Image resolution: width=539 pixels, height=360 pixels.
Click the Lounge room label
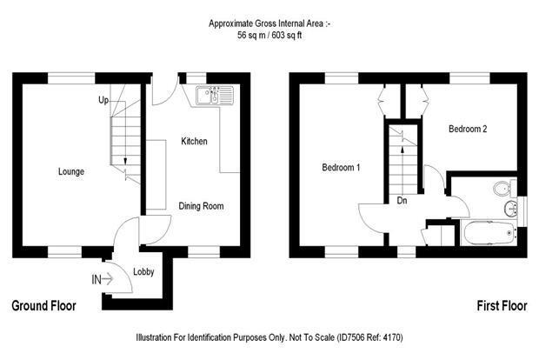pyautogui.click(x=71, y=171)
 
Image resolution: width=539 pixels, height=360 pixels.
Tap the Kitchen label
pyautogui.click(x=194, y=141)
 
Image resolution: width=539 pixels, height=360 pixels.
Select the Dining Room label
pyautogui.click(x=201, y=206)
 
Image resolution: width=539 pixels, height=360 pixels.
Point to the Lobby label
pyautogui.click(x=143, y=271)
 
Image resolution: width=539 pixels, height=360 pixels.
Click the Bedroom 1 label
pyautogui.click(x=341, y=168)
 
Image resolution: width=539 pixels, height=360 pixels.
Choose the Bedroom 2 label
pyautogui.click(x=468, y=129)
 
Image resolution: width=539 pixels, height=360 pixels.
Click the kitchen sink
pyautogui.click(x=215, y=95)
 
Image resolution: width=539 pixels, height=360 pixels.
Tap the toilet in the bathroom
pyautogui.click(x=504, y=188)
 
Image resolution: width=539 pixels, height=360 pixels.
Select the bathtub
pyautogui.click(x=488, y=233)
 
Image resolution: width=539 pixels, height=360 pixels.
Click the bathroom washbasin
pyautogui.click(x=511, y=208)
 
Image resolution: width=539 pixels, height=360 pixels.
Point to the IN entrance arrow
pyautogui.click(x=103, y=279)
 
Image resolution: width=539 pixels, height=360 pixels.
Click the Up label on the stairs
pyautogui.click(x=103, y=100)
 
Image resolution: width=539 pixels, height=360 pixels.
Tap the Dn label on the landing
pyautogui.click(x=402, y=200)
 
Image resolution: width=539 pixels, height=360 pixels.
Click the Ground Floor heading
pyautogui.click(x=44, y=306)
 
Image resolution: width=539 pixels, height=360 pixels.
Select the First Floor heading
pyautogui.click(x=502, y=306)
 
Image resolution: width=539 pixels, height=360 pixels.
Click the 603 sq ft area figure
pyautogui.click(x=287, y=35)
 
